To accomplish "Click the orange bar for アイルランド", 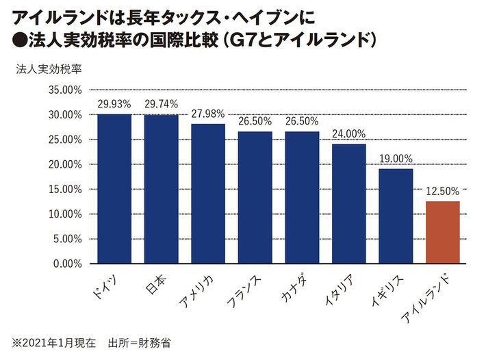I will [x=442, y=232].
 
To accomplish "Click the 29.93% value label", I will [x=114, y=104].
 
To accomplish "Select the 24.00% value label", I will [x=348, y=134].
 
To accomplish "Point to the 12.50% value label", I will [x=442, y=191].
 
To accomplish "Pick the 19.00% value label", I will [x=396, y=159].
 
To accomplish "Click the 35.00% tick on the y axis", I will [x=66, y=90].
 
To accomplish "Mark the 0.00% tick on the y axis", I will [x=68, y=263].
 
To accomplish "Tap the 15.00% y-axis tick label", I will [x=66, y=189].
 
